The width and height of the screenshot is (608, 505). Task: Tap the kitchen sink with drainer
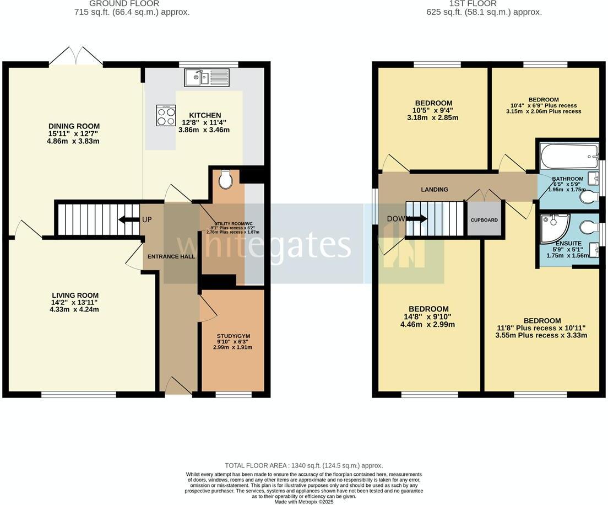point(210,77)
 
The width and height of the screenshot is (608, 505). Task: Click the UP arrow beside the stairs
point(130,219)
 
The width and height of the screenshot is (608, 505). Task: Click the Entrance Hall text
point(171,256)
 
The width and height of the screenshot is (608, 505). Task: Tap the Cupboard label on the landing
point(484,220)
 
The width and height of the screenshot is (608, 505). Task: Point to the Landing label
point(435,190)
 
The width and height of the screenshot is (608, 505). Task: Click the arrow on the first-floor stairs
point(417,219)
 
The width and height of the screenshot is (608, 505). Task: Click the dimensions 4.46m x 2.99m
point(428,325)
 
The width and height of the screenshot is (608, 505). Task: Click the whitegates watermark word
point(263,245)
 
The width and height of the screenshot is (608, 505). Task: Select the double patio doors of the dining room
point(75,57)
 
